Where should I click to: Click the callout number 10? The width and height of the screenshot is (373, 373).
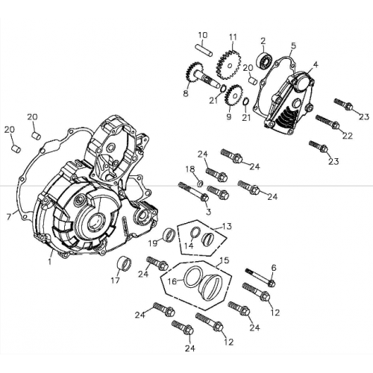pyautogui.click(x=202, y=35)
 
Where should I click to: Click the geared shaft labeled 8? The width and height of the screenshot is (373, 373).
pyautogui.click(x=194, y=78)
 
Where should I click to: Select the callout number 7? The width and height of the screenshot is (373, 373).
pyautogui.click(x=8, y=216)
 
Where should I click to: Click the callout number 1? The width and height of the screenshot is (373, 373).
pyautogui.click(x=49, y=262)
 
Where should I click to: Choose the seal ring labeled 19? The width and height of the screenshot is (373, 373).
pyautogui.click(x=169, y=236)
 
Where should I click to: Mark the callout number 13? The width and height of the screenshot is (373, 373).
pyautogui.click(x=227, y=225)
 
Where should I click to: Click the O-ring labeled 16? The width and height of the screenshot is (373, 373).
pyautogui.click(x=192, y=281)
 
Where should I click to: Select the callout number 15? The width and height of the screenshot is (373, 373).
pyautogui.click(x=224, y=262)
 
